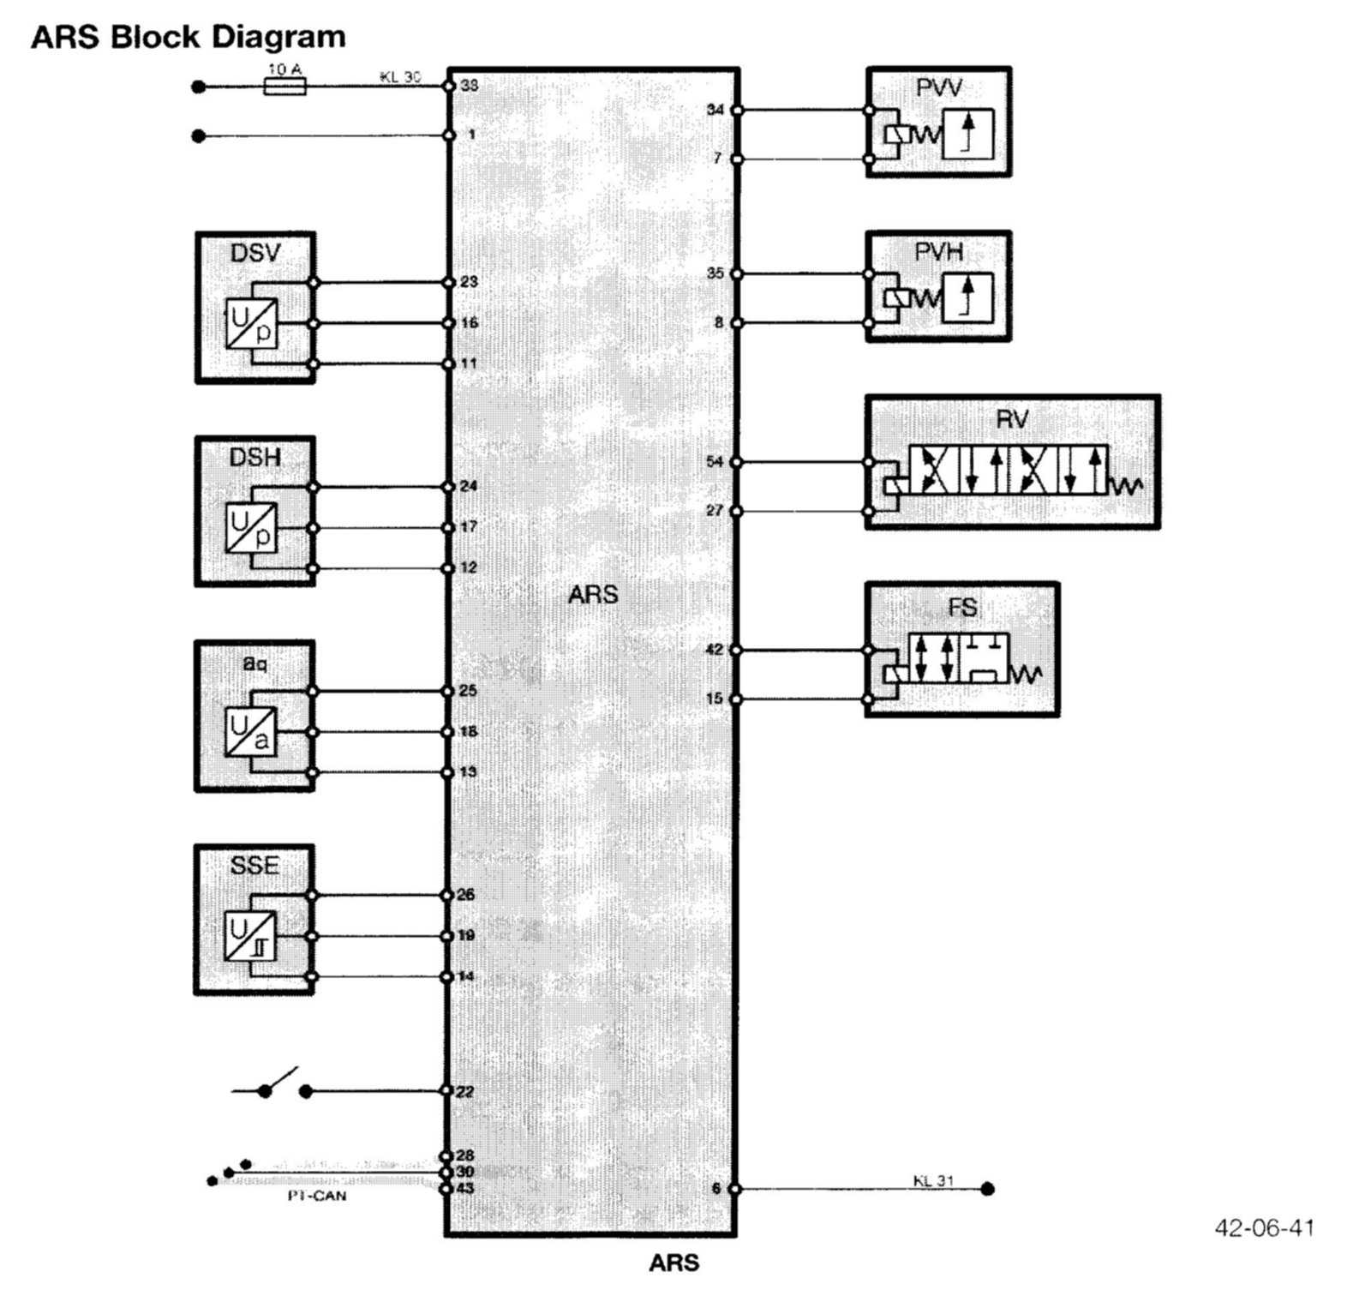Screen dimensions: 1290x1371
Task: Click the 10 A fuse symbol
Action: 284,87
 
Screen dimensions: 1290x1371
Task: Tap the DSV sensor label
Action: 255,253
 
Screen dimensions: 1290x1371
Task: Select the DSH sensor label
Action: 254,458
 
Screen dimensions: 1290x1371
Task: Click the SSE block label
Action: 254,866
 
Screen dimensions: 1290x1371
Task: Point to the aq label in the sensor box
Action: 254,663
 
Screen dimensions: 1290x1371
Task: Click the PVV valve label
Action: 939,87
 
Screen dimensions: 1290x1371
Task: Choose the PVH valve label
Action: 939,252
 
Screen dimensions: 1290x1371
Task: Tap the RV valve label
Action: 1012,419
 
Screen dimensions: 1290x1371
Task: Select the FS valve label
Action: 962,608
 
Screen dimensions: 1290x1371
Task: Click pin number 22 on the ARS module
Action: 465,1092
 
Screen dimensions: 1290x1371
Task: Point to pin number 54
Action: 715,462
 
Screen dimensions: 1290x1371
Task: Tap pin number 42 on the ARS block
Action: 715,650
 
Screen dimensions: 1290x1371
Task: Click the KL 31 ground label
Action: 933,1180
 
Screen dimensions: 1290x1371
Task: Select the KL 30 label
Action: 400,76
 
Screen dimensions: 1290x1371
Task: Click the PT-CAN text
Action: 317,1196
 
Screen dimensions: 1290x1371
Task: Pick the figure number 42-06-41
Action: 1264,1228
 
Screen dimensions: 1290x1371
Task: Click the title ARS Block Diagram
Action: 189,37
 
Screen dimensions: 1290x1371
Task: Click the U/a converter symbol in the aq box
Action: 252,732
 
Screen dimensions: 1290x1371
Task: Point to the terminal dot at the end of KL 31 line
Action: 987,1189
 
